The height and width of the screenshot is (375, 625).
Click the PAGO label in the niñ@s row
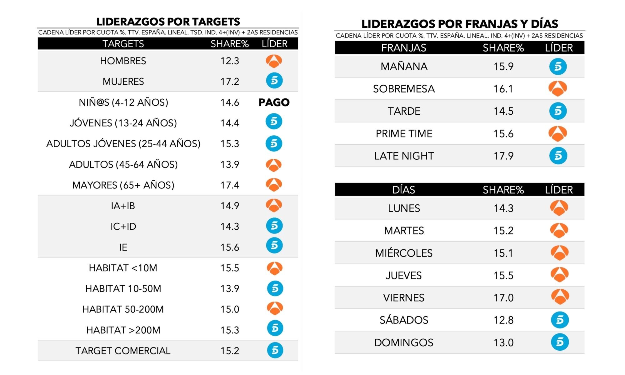point(274,102)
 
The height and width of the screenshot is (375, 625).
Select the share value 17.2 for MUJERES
point(230,82)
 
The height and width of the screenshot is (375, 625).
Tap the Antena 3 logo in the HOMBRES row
point(274,61)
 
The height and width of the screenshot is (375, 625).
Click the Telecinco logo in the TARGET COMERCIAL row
point(275,350)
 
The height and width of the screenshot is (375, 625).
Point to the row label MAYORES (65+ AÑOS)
point(123,185)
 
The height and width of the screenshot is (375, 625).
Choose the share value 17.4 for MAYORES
point(230,185)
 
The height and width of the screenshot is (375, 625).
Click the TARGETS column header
point(123,44)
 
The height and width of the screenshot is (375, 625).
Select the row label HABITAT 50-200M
point(123,309)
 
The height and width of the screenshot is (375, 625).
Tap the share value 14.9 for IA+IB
point(230,206)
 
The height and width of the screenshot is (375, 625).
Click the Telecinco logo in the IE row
point(274,246)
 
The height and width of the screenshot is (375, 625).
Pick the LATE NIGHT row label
point(404,156)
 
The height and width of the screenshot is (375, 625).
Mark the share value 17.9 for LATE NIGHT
point(503,156)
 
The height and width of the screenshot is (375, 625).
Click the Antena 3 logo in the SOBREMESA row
point(558,89)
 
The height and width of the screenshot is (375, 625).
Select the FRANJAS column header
point(404,48)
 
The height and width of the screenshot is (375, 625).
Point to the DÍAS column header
point(404,190)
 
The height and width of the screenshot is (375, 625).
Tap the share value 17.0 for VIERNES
point(503,298)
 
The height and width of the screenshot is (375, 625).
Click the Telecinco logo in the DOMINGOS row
point(560,342)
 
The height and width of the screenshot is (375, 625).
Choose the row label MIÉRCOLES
point(404,253)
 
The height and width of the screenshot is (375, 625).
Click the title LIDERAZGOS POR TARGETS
point(168,22)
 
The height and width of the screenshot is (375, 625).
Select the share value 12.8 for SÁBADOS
point(503,320)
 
